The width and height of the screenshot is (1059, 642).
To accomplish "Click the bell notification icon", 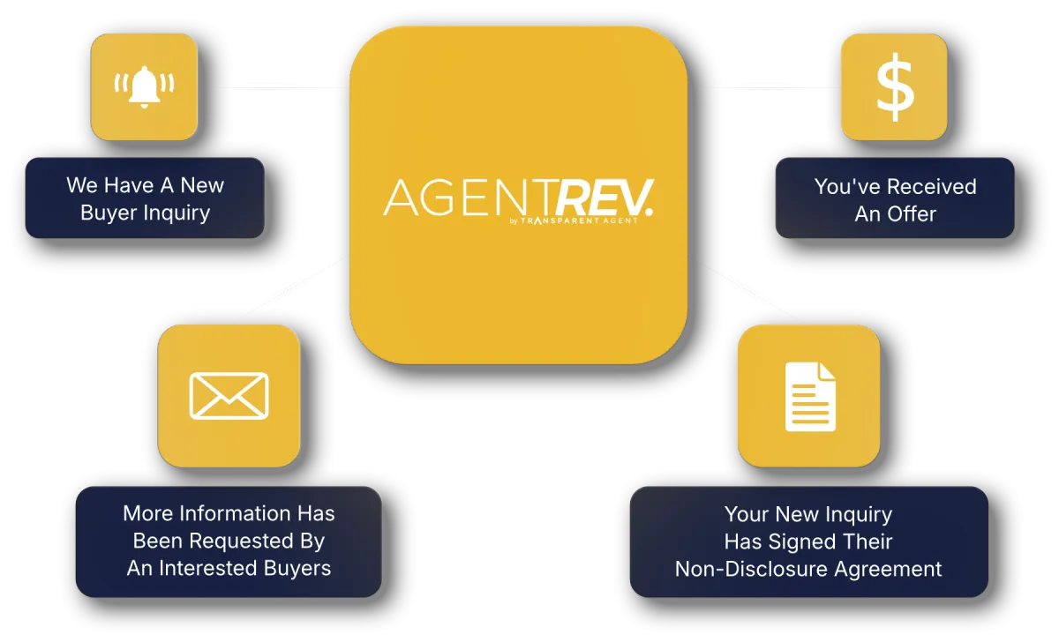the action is tap(144, 87).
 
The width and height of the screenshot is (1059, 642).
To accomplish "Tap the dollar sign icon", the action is tap(895, 87).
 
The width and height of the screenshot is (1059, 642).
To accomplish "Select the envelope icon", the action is tap(229, 396).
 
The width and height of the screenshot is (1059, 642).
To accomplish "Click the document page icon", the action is tap(810, 397).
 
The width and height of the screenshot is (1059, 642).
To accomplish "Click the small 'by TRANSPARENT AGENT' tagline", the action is tap(574, 220).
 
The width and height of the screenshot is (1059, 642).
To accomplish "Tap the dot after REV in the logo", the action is tap(650, 213).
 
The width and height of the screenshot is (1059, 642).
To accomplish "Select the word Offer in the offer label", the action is tap(912, 214).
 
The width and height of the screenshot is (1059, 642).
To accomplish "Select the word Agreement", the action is tap(888, 571).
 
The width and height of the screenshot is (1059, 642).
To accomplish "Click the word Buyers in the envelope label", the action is tap(297, 569).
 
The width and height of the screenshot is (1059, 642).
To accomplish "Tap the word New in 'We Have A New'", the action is tap(202, 185).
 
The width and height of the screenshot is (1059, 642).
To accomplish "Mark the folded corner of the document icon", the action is tap(828, 370).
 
